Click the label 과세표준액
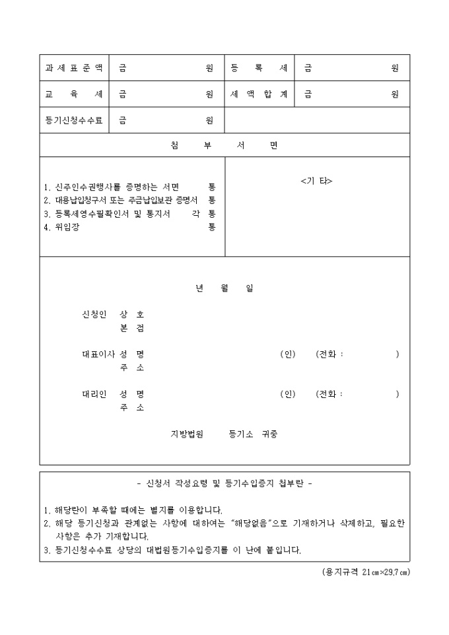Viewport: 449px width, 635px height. pos(74,68)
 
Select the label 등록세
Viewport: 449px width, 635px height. pos(259,68)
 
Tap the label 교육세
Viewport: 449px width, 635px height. pos(74,94)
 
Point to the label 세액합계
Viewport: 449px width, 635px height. pos(259,94)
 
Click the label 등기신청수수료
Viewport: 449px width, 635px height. pos(74,120)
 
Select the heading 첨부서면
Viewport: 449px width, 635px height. pos(224,145)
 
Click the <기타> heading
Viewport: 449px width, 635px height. pos(316,181)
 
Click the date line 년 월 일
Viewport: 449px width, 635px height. pos(224,288)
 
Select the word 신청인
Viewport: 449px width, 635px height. pos(94,314)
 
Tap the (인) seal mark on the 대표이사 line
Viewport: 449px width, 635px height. pos(287,354)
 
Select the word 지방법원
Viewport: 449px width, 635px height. pos(188,434)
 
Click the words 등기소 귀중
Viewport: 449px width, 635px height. pos(253,434)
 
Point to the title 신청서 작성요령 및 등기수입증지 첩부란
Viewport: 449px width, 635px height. pos(224,483)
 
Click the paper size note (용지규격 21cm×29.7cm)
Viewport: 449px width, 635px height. pos(361,571)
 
